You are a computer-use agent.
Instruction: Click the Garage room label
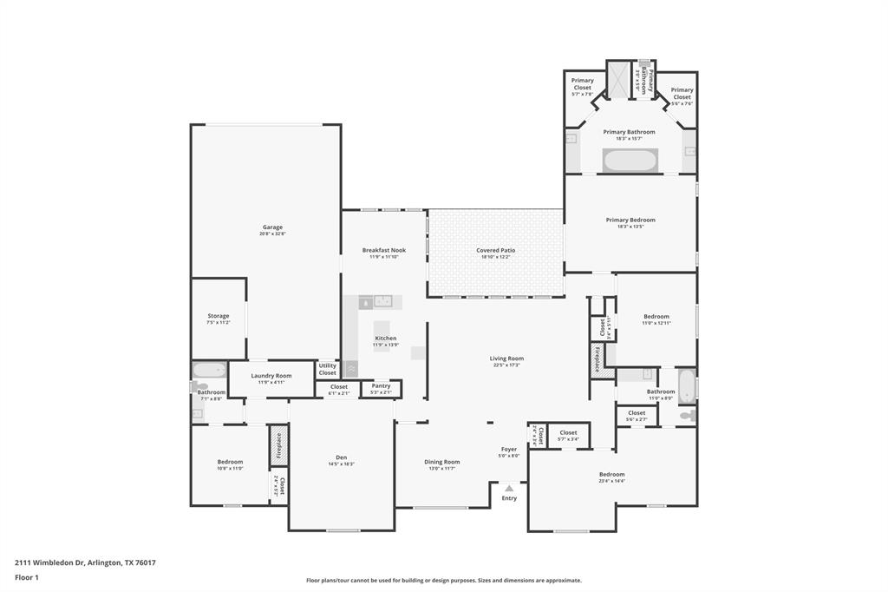(x=272, y=227)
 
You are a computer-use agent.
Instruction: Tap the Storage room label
(x=219, y=316)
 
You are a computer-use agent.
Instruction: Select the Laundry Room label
(x=271, y=376)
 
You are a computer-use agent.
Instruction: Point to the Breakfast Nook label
(x=383, y=250)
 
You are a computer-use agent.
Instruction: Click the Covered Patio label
(x=495, y=250)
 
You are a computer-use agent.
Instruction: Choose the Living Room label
(x=506, y=358)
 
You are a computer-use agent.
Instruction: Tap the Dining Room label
(x=441, y=462)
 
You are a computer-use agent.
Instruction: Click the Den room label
(x=341, y=457)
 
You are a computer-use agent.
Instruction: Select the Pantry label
(x=381, y=385)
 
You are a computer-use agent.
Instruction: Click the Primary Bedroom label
(x=630, y=220)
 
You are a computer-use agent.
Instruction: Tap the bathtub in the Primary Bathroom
(x=630, y=161)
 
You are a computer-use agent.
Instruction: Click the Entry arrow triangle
(x=509, y=489)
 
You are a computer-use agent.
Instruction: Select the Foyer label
(x=509, y=450)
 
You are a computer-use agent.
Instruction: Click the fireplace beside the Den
(x=278, y=444)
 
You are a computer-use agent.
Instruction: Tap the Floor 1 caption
(x=27, y=576)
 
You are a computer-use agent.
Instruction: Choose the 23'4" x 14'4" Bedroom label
(x=611, y=475)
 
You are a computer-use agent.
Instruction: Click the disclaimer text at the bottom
(x=443, y=581)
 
